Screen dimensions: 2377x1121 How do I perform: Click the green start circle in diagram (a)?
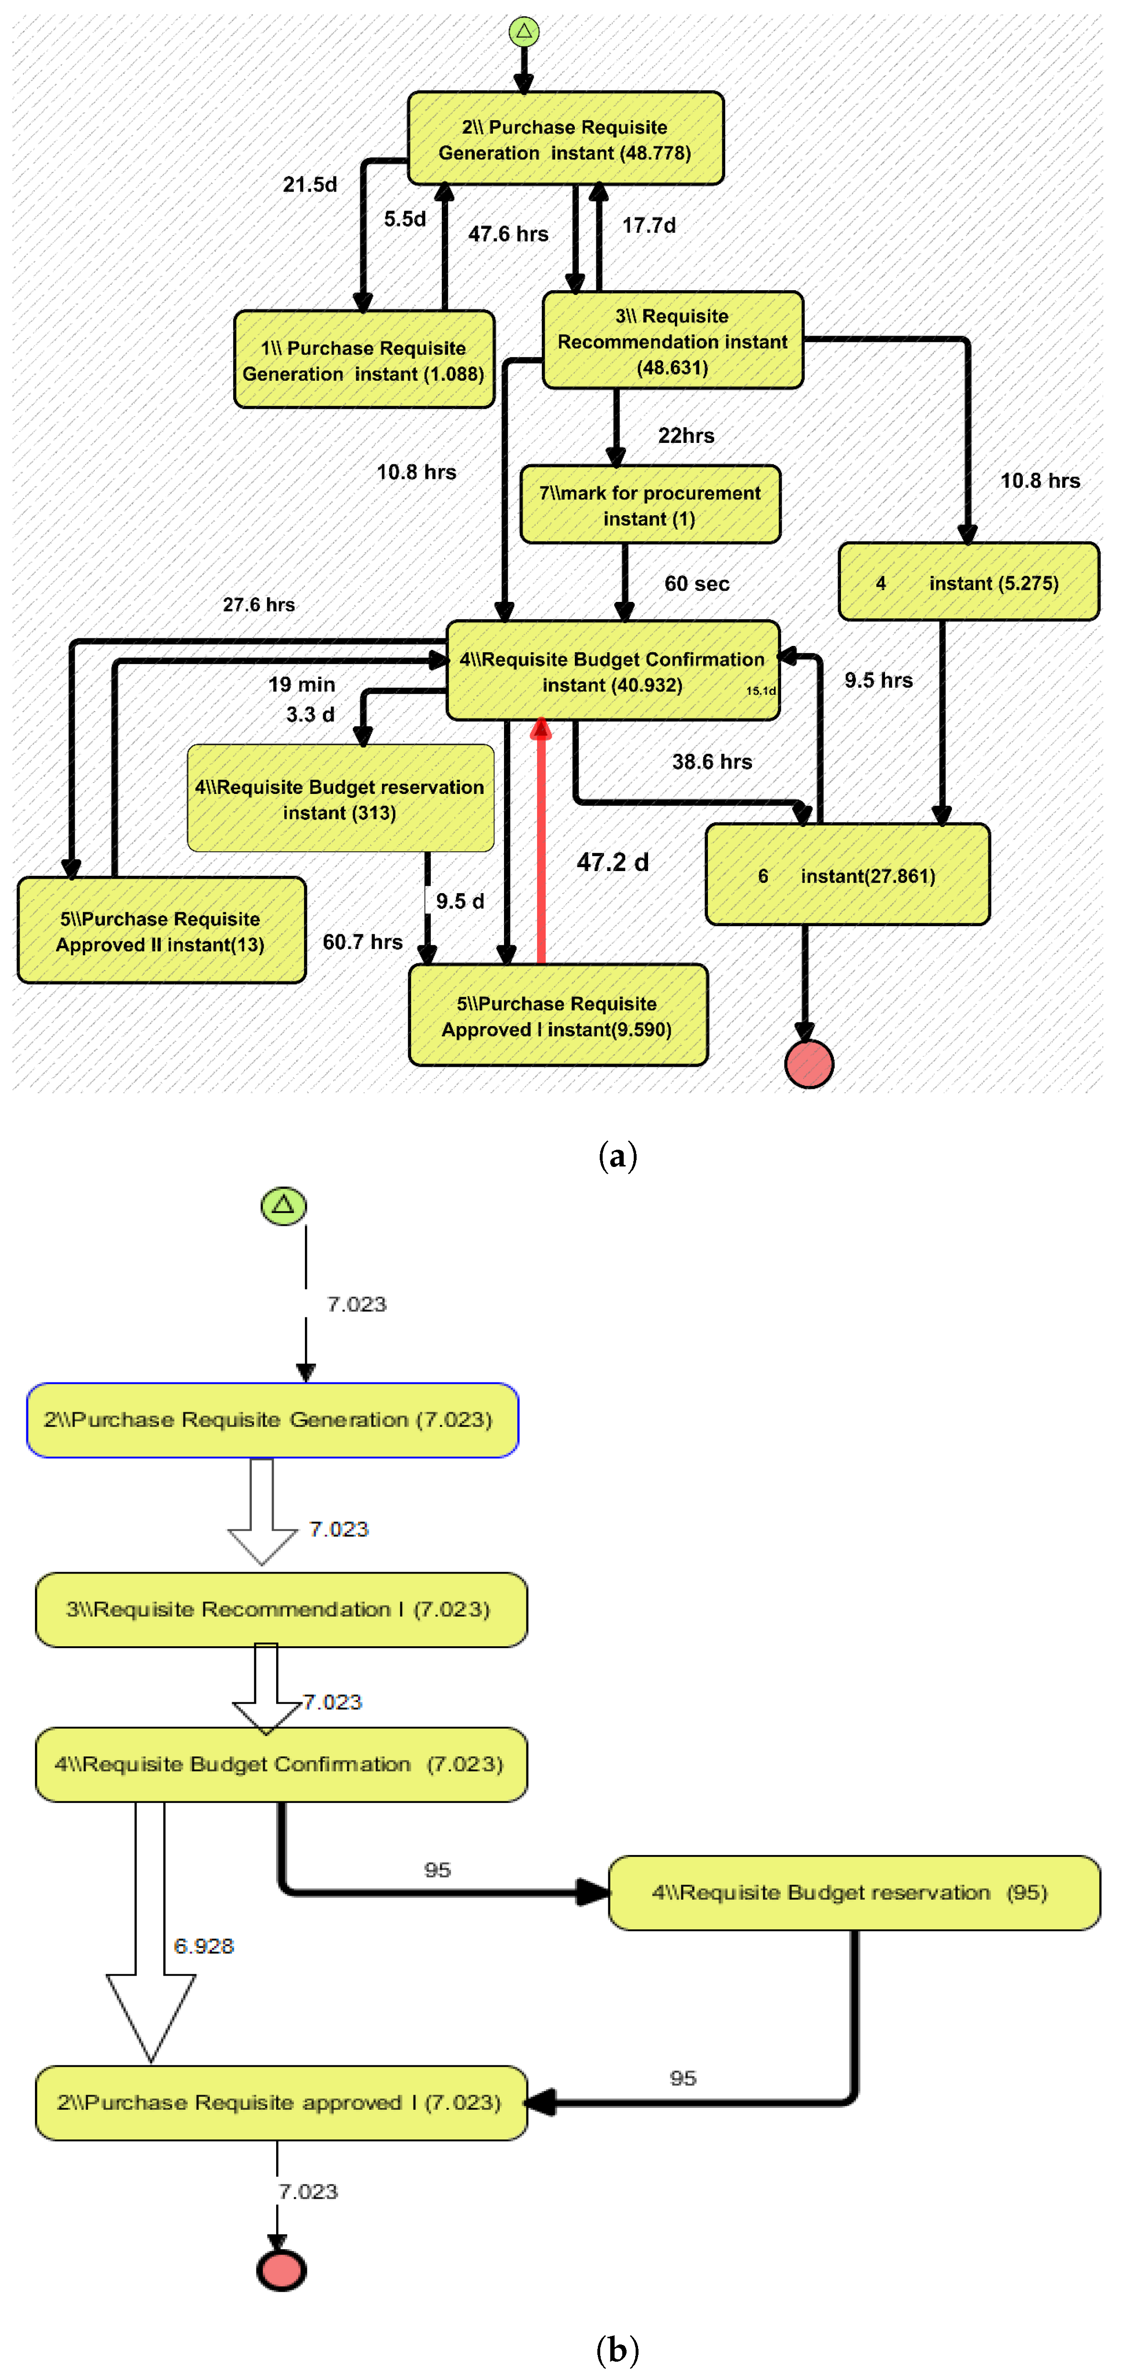tap(524, 32)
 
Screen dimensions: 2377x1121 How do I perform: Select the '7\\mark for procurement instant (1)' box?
tap(650, 505)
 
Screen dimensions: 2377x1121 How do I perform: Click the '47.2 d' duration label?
tap(613, 862)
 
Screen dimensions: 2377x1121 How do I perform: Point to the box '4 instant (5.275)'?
tap(969, 582)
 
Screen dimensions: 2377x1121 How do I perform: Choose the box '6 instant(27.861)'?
tap(847, 875)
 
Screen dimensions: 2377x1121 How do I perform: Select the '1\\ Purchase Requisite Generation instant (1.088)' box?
tap(364, 360)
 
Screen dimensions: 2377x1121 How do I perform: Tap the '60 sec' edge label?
tap(696, 583)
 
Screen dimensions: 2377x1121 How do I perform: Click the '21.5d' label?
tap(310, 184)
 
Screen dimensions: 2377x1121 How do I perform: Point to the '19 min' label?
tap(302, 684)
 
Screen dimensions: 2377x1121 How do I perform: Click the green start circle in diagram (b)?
tap(283, 1205)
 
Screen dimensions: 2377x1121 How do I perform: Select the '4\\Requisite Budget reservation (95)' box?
tap(853, 1892)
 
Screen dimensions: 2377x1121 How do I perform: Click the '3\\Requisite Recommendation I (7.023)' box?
tap(281, 1609)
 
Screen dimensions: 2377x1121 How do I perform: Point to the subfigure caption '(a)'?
tap(617, 1155)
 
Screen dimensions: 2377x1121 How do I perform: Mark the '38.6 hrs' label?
tap(711, 761)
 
